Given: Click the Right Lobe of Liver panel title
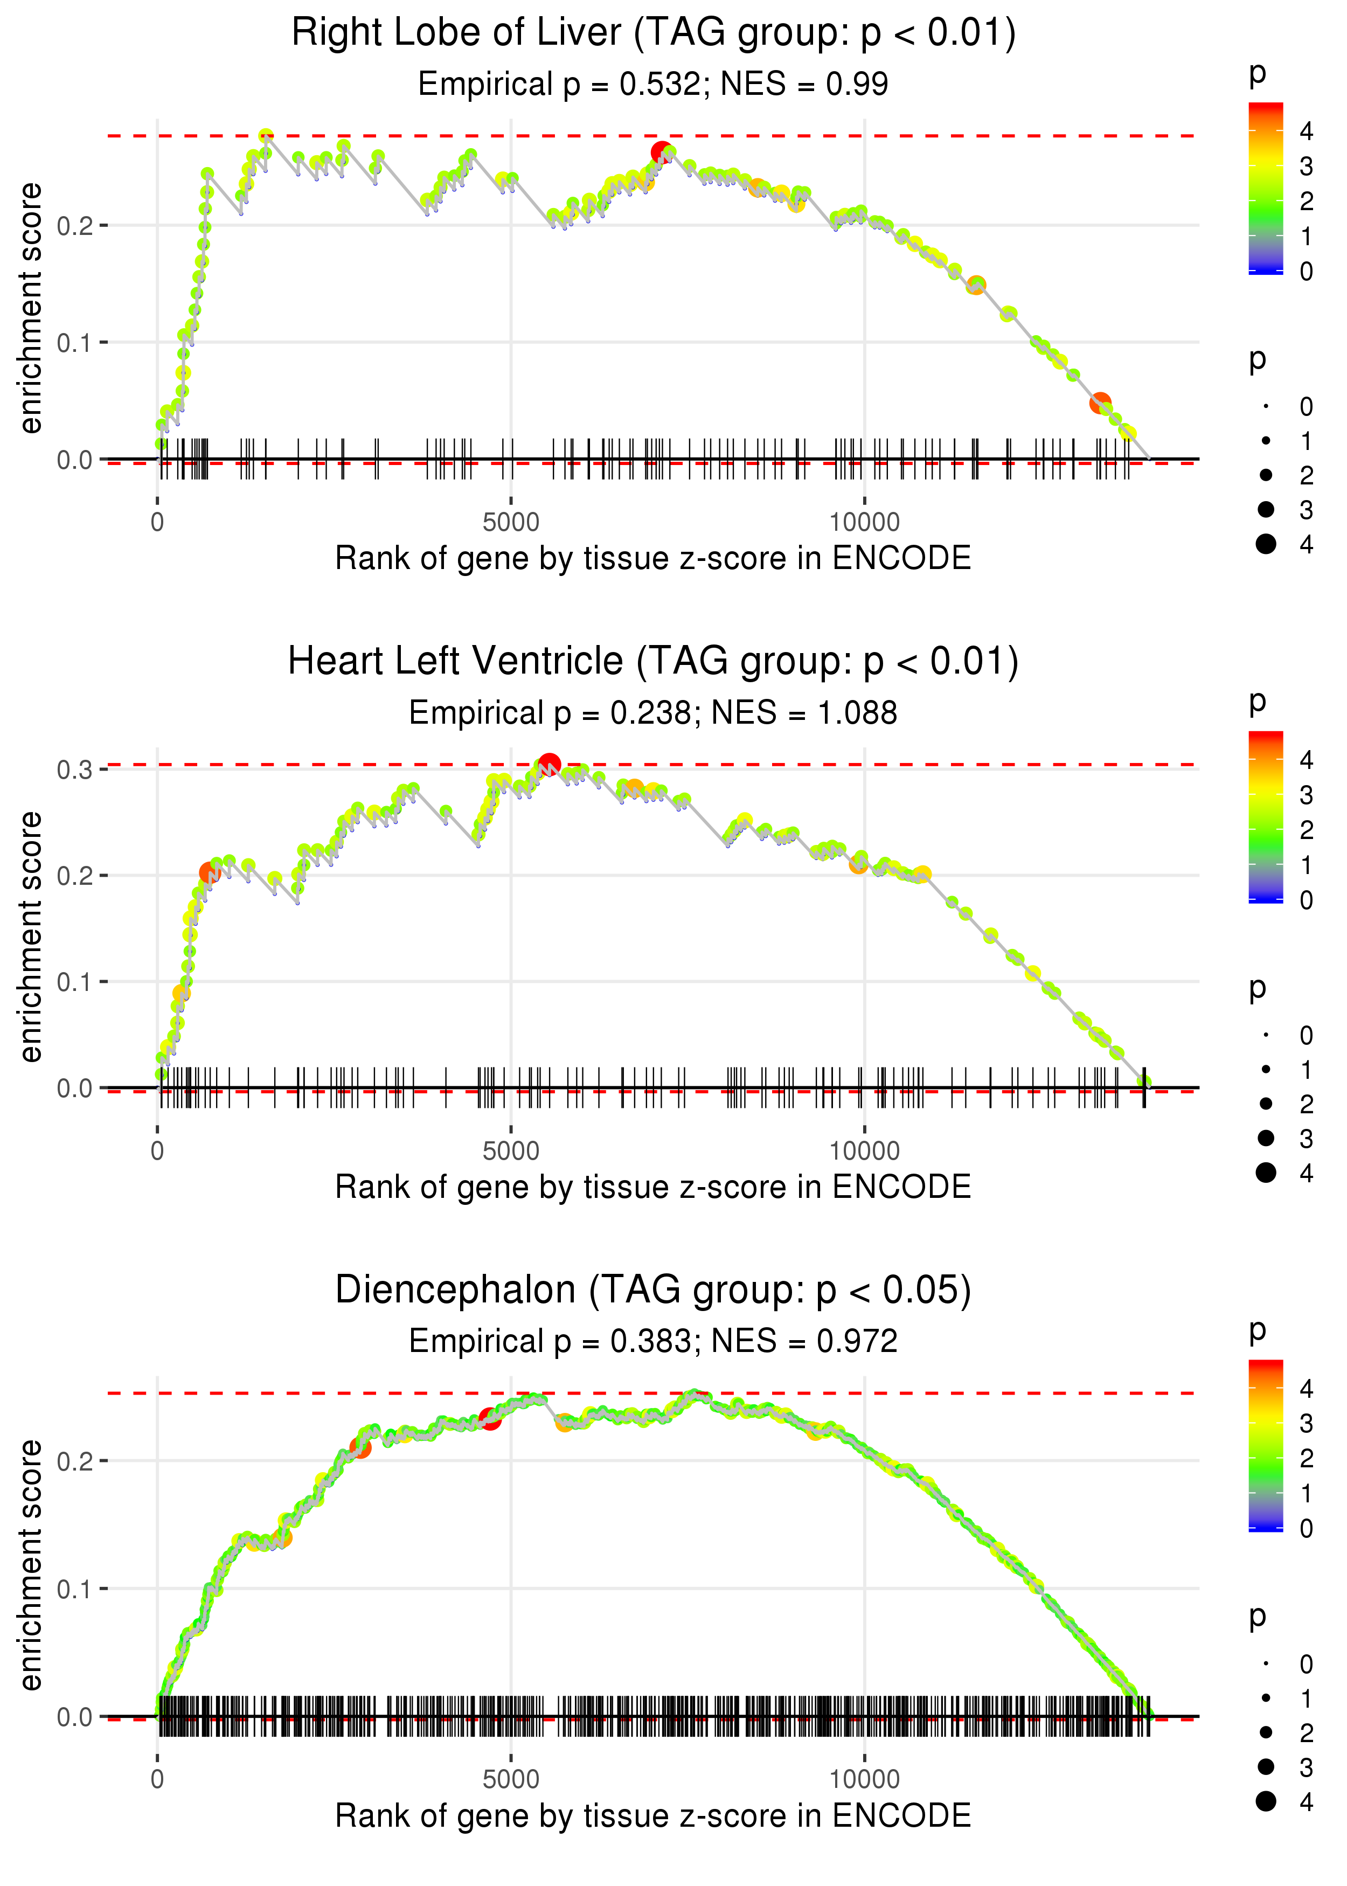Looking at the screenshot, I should click(653, 33).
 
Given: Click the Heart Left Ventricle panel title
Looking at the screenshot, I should click(653, 662).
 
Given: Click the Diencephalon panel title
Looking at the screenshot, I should click(653, 1291).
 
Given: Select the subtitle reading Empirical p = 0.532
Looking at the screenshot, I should click(653, 84).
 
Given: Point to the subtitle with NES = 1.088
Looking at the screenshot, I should click(653, 713).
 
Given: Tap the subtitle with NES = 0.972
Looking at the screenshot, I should click(653, 1341).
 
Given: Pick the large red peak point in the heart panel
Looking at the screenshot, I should click(549, 764).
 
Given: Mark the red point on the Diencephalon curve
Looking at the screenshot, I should click(490, 1419).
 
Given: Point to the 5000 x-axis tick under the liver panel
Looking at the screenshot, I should click(511, 523).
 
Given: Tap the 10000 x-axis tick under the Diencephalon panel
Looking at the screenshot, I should click(864, 1780).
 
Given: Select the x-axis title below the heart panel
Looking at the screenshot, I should click(653, 1187).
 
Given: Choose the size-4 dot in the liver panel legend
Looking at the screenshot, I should click(1266, 544).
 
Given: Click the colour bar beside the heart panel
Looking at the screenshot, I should click(1265, 817).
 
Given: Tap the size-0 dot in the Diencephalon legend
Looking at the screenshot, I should click(1266, 1664).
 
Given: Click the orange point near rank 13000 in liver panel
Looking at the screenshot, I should click(1100, 403).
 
